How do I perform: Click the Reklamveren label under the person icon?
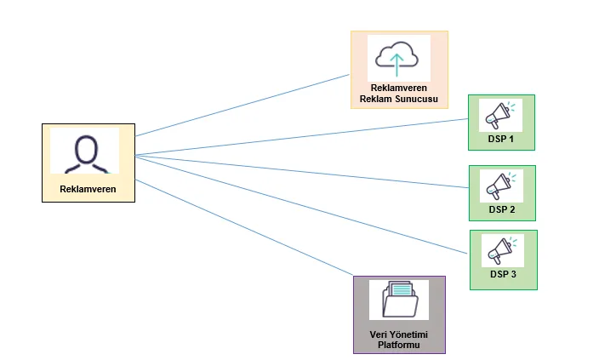pyautogui.click(x=88, y=189)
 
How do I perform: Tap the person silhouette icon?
pyautogui.click(x=86, y=154)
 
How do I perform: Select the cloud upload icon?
pyautogui.click(x=396, y=59)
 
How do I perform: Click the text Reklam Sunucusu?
pyautogui.click(x=399, y=99)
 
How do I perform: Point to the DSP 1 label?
pyautogui.click(x=501, y=139)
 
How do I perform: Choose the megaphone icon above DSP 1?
pyautogui.click(x=500, y=115)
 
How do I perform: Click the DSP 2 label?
pyautogui.click(x=502, y=209)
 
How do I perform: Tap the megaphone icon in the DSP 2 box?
pyautogui.click(x=501, y=186)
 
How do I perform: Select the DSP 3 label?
pyautogui.click(x=503, y=274)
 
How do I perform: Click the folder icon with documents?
pyautogui.click(x=399, y=300)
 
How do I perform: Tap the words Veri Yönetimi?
pyautogui.click(x=399, y=334)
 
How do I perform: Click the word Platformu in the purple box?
pyautogui.click(x=399, y=345)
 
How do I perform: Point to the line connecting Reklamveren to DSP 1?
pyautogui.click(x=302, y=137)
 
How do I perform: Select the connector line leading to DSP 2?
pyautogui.click(x=302, y=172)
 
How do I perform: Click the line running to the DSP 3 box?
pyautogui.click(x=301, y=204)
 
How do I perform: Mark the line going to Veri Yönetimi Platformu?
pyautogui.click(x=244, y=227)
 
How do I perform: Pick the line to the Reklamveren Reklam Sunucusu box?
pyautogui.click(x=242, y=105)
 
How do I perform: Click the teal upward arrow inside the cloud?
pyautogui.click(x=396, y=65)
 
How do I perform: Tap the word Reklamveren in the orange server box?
pyautogui.click(x=399, y=88)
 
